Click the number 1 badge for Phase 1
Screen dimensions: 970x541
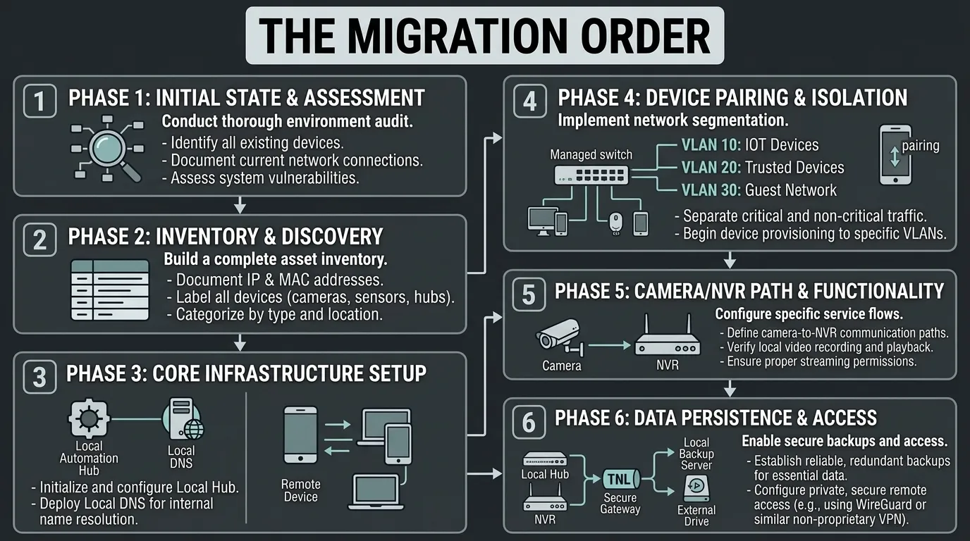[x=39, y=101]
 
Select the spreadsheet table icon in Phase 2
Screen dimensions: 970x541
[x=110, y=290]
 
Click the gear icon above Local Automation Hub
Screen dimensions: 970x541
[x=89, y=418]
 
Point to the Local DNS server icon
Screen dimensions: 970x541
[x=183, y=418]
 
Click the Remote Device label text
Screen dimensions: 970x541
[x=300, y=490]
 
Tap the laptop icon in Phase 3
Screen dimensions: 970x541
[x=376, y=492]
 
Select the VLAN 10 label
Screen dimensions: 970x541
[x=711, y=145]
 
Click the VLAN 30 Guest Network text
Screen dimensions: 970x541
[x=759, y=190]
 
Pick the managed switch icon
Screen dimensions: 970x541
[x=591, y=175]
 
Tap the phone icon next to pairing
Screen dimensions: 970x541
[x=895, y=155]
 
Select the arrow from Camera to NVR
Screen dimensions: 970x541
[x=609, y=345]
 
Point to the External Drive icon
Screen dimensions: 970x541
[x=696, y=489]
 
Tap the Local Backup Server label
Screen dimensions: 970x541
[x=696, y=454]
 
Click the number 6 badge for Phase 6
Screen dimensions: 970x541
[x=529, y=423]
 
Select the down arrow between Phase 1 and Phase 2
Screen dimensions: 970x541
[x=240, y=205]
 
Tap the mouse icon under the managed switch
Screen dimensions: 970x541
[x=615, y=223]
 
